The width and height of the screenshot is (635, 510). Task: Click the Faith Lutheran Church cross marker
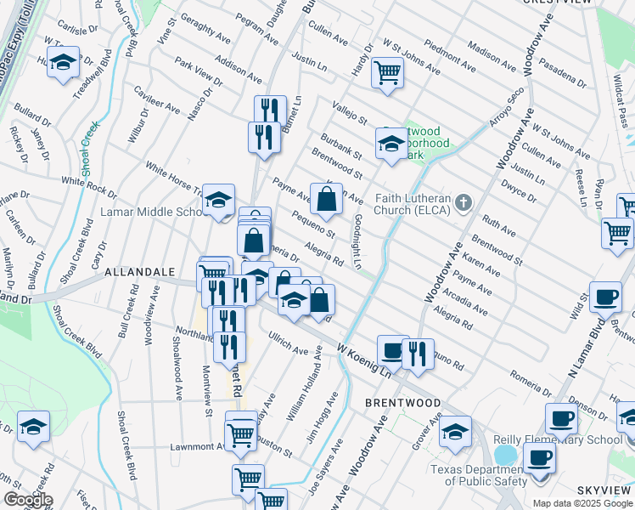[463, 202]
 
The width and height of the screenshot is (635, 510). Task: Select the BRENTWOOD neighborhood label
[402, 402]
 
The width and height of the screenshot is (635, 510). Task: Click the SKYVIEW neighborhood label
[604, 491]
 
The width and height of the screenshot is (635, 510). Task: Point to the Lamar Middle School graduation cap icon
[219, 201]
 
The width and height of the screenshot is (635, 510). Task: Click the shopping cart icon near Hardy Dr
[387, 72]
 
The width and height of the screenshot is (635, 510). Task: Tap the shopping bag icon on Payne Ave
[326, 201]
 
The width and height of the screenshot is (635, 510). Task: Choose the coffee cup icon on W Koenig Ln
[392, 350]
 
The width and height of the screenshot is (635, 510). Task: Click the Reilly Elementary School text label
[558, 440]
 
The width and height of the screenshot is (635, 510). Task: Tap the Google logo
[28, 499]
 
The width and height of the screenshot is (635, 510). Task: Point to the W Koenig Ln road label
[367, 360]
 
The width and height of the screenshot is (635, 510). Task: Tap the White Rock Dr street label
[89, 181]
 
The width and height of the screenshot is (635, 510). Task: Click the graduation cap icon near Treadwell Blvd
[63, 63]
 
